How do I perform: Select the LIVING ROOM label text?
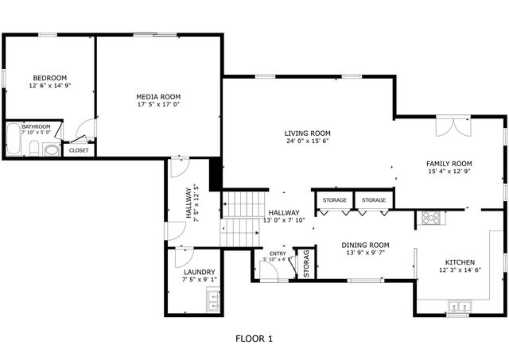308,133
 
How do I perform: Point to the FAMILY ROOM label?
450,162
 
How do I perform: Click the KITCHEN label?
459,262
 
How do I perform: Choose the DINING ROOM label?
365,245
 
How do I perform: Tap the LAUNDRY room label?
199,271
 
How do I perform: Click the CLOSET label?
79,149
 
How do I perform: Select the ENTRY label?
278,253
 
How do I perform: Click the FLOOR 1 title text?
254,339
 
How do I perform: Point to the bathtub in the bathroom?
14,140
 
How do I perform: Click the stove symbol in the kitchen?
430,216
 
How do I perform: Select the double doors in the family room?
454,127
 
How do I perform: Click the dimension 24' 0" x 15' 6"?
308,141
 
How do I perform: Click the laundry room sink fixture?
212,300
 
